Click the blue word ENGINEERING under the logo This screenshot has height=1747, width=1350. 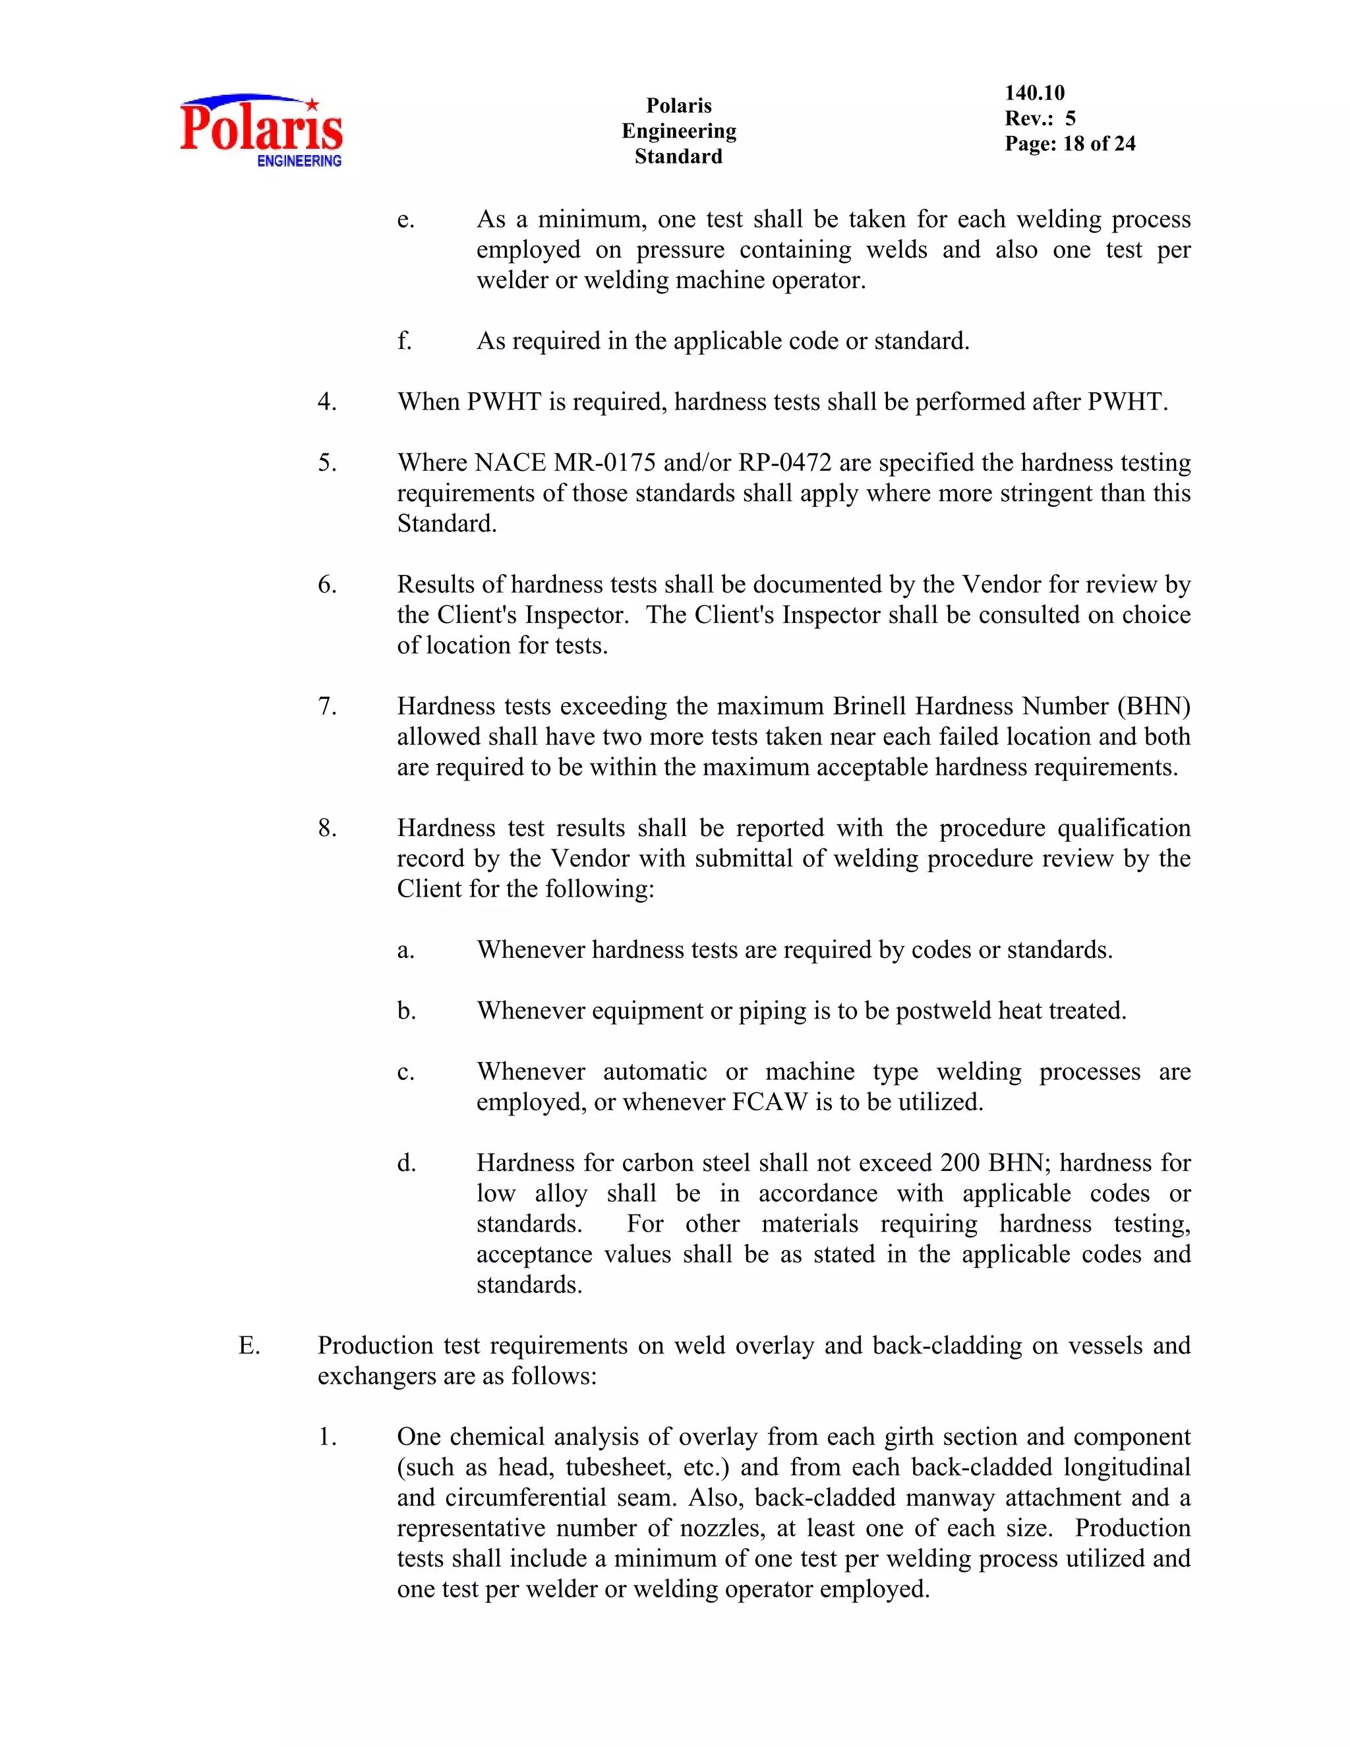tap(299, 161)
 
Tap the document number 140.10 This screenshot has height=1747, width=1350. tap(1034, 93)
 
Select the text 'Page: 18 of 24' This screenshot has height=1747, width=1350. tap(1069, 144)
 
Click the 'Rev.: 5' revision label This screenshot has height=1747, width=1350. tap(1040, 119)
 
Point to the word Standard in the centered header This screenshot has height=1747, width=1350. tap(678, 157)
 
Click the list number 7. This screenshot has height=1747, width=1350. tap(327, 706)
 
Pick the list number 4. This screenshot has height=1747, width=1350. tap(327, 401)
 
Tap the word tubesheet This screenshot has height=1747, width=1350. tap(618, 1467)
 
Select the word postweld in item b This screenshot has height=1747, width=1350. tap(945, 1011)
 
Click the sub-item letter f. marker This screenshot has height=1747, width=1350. tap(405, 341)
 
